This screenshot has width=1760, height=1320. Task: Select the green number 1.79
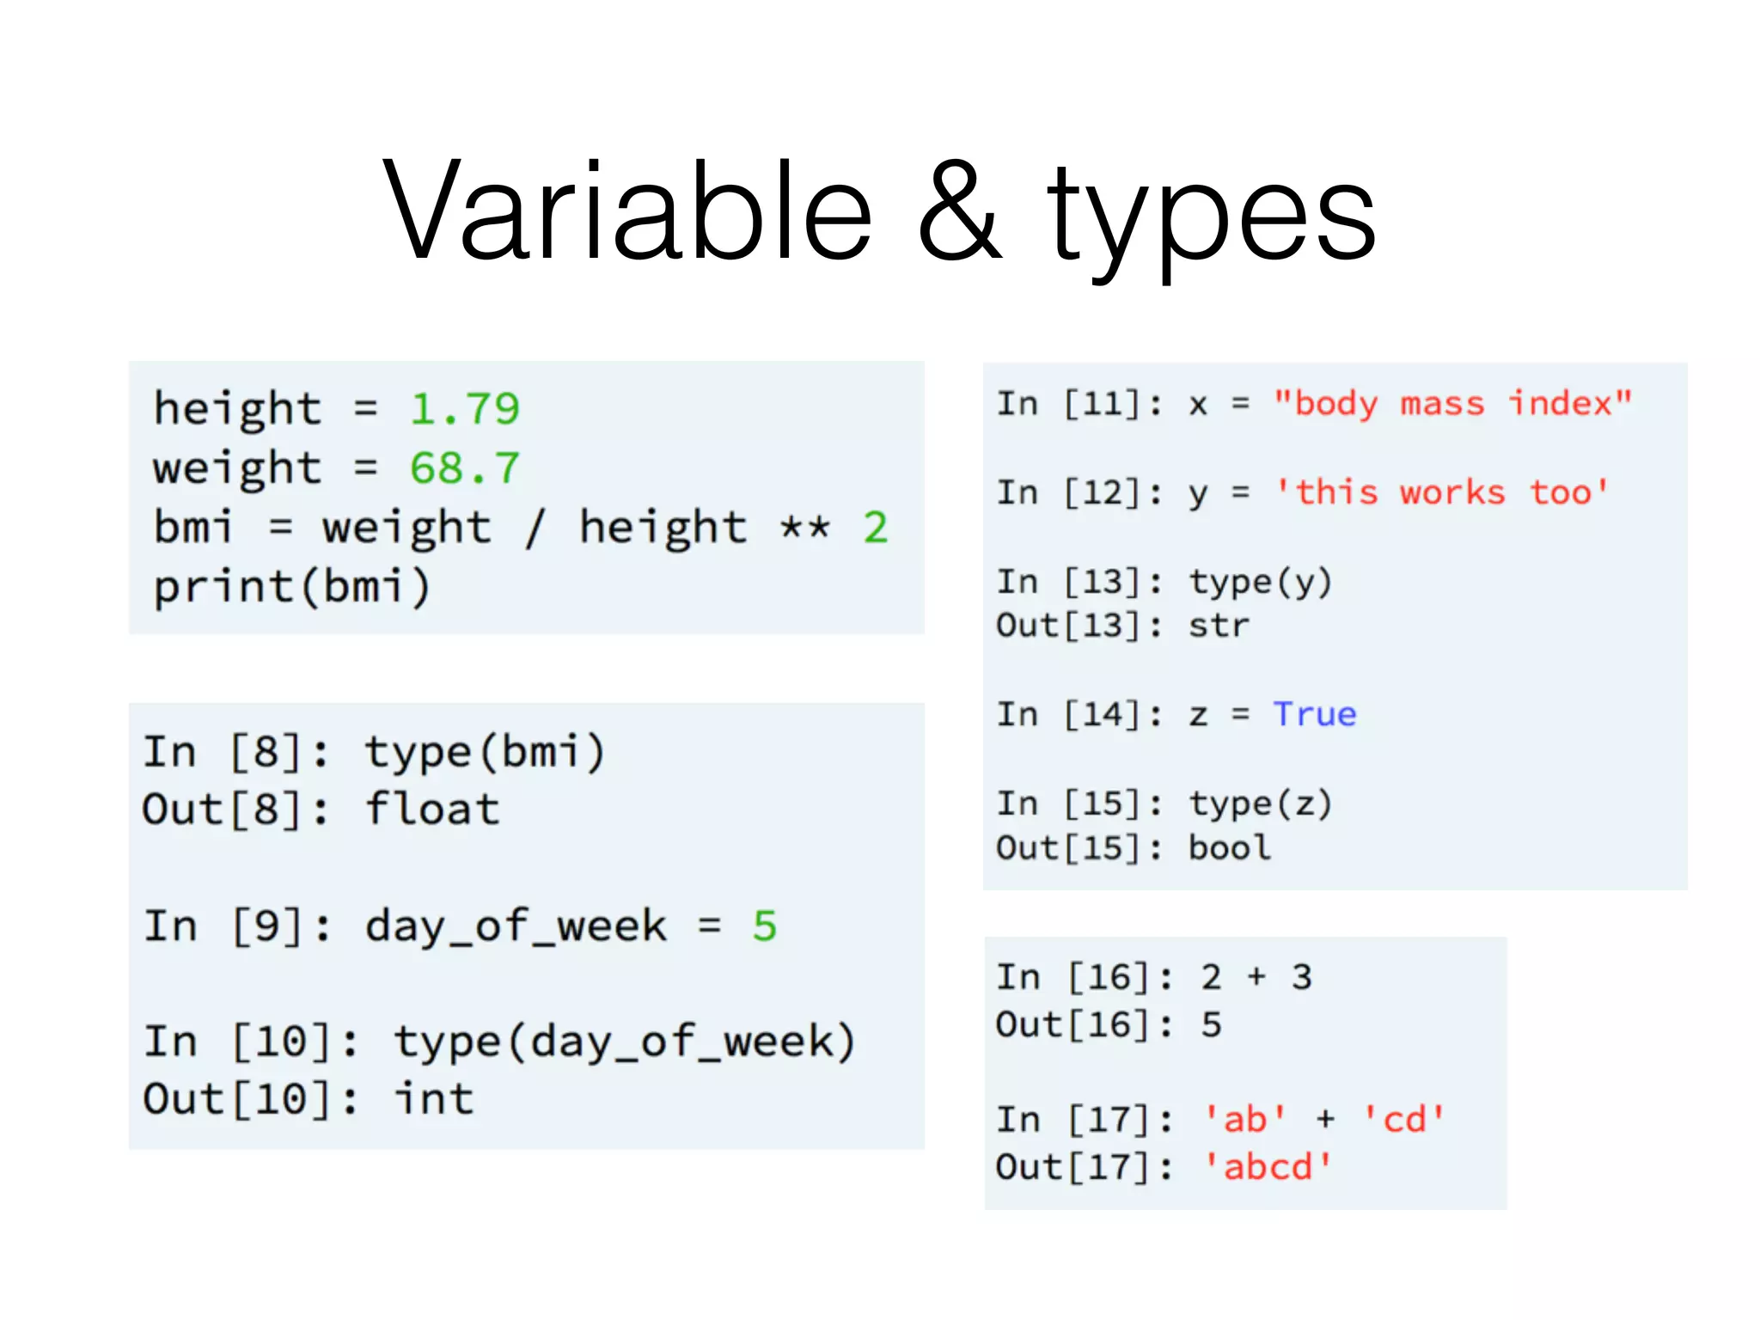tap(465, 409)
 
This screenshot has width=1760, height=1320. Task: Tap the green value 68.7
tap(465, 468)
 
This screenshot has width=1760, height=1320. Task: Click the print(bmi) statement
tap(291, 588)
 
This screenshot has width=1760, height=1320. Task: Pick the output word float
tap(432, 810)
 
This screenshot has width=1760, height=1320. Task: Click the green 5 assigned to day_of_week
tap(764, 926)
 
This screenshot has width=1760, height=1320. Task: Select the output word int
tap(434, 1099)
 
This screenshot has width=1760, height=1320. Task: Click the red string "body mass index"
tap(1452, 404)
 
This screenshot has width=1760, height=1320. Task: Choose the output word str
tap(1219, 626)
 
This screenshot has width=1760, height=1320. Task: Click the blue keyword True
tap(1315, 714)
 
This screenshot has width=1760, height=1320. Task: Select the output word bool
tap(1230, 848)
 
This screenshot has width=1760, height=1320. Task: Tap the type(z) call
tap(1260, 804)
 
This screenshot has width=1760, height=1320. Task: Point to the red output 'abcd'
tap(1267, 1167)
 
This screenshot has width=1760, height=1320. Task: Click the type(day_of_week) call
tap(625, 1042)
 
